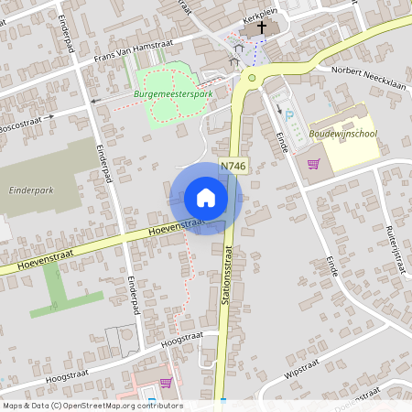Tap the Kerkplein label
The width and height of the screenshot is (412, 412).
click(260, 16)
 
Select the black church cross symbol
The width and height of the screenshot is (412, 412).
click(261, 27)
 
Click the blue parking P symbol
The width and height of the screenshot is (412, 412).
click(290, 116)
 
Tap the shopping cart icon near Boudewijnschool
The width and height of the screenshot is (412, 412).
click(314, 164)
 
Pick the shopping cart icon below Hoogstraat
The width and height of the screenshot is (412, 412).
click(166, 383)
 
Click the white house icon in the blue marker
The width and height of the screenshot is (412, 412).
click(206, 197)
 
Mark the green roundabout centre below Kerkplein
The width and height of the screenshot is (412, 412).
click(251, 80)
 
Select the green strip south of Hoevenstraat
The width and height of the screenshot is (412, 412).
click(62, 291)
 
